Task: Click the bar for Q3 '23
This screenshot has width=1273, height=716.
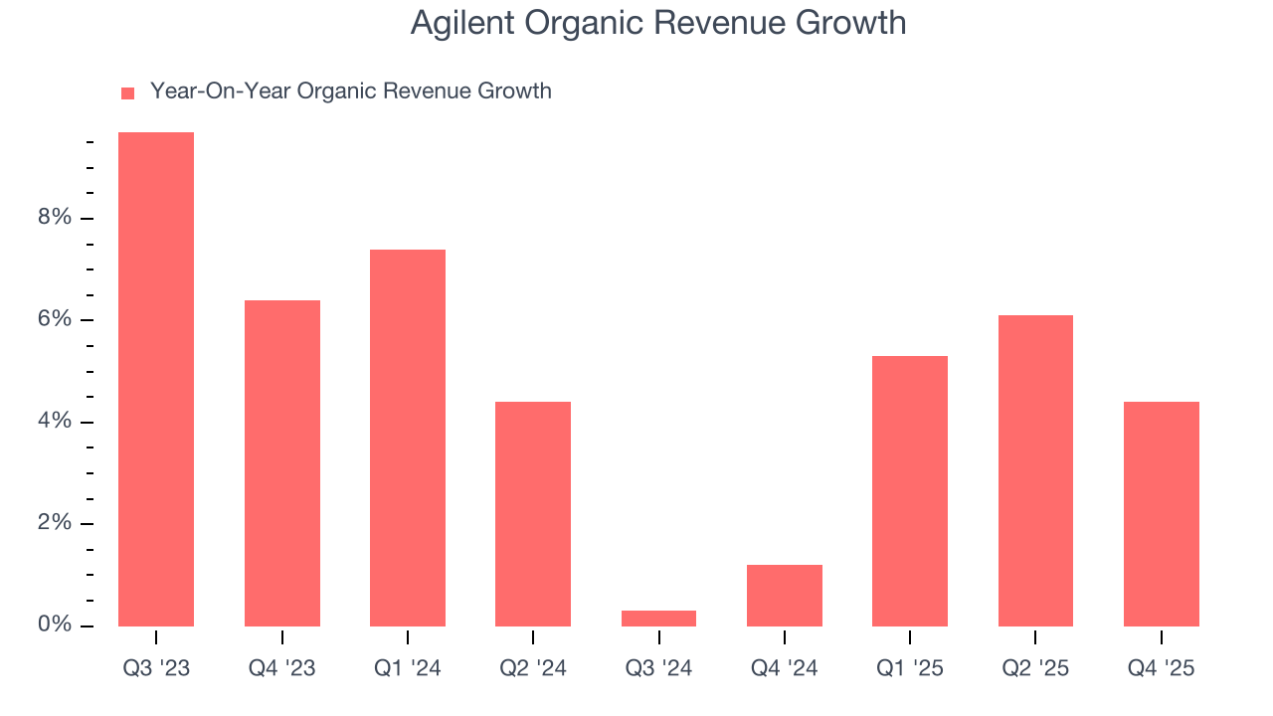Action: coord(156,379)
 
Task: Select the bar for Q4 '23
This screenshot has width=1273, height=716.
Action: coord(281,463)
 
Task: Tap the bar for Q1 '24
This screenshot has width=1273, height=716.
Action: coord(408,438)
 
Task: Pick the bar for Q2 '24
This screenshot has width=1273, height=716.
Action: coord(533,514)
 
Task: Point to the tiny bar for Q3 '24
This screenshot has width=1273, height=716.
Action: coord(658,619)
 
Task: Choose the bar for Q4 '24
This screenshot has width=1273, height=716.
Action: coord(785,596)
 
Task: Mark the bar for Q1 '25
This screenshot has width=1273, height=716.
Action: coord(910,491)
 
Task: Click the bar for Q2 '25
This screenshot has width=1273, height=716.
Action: coord(1035,470)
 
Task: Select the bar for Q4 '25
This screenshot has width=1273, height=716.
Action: coord(1162,514)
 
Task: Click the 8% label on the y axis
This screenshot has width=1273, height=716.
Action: coord(55,218)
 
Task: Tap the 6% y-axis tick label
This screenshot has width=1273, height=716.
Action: coord(55,320)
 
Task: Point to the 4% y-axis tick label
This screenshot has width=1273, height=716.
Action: coord(55,422)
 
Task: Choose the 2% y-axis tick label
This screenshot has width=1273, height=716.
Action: coord(55,524)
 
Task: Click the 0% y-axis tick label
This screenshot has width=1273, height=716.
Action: coord(55,626)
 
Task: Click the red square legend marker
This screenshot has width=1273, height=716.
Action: coord(127,93)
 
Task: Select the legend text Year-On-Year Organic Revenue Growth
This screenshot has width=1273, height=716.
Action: coord(350,91)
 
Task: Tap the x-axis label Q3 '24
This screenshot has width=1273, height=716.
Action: coord(658,668)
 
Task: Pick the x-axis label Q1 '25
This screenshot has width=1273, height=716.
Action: coord(910,668)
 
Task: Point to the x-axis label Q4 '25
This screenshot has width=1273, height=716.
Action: coord(1162,668)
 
